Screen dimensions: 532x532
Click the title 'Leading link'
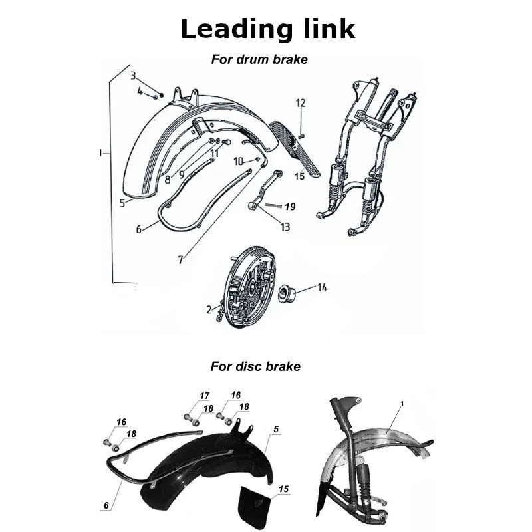click(x=267, y=29)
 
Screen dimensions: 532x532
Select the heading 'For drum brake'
click(x=259, y=59)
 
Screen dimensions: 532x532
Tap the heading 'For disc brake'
click(x=255, y=366)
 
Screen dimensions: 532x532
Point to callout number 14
click(x=322, y=288)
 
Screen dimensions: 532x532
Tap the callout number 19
click(x=289, y=207)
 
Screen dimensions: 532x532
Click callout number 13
click(x=285, y=227)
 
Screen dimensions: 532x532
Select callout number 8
click(x=167, y=179)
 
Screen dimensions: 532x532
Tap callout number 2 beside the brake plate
click(x=208, y=309)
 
